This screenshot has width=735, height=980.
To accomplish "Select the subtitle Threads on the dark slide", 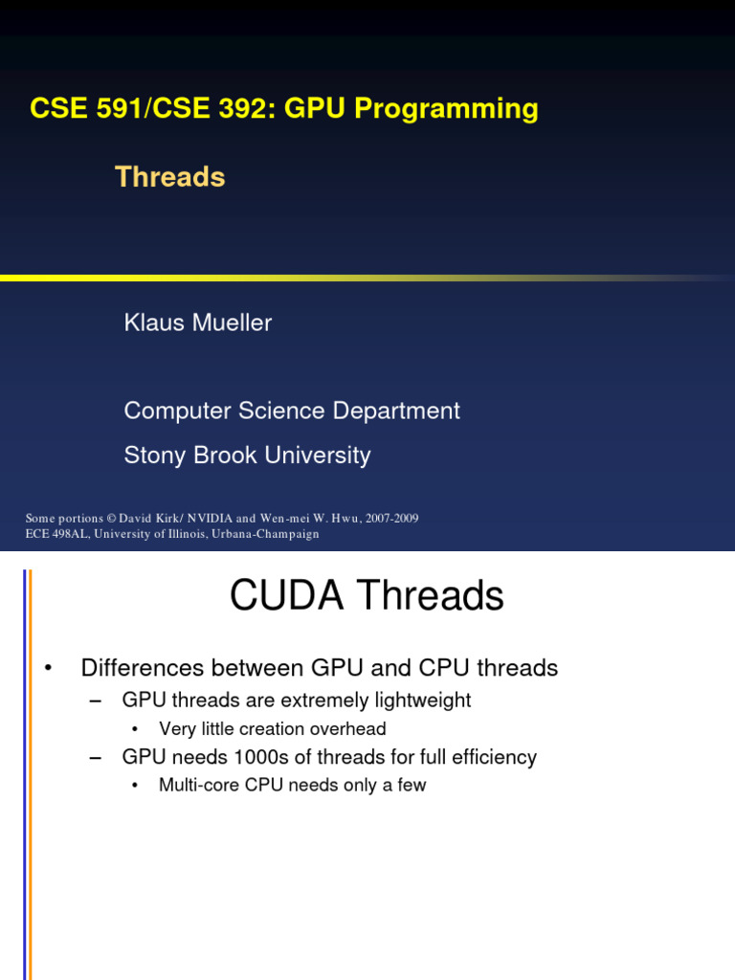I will tap(169, 177).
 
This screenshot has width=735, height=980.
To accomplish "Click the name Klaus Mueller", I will tap(197, 323).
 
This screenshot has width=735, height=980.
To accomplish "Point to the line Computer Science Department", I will tap(292, 412).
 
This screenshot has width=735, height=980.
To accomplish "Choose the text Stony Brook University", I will tap(247, 456).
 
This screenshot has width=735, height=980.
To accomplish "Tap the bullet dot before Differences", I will tap(49, 669).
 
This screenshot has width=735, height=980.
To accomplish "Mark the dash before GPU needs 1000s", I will tap(95, 758).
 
